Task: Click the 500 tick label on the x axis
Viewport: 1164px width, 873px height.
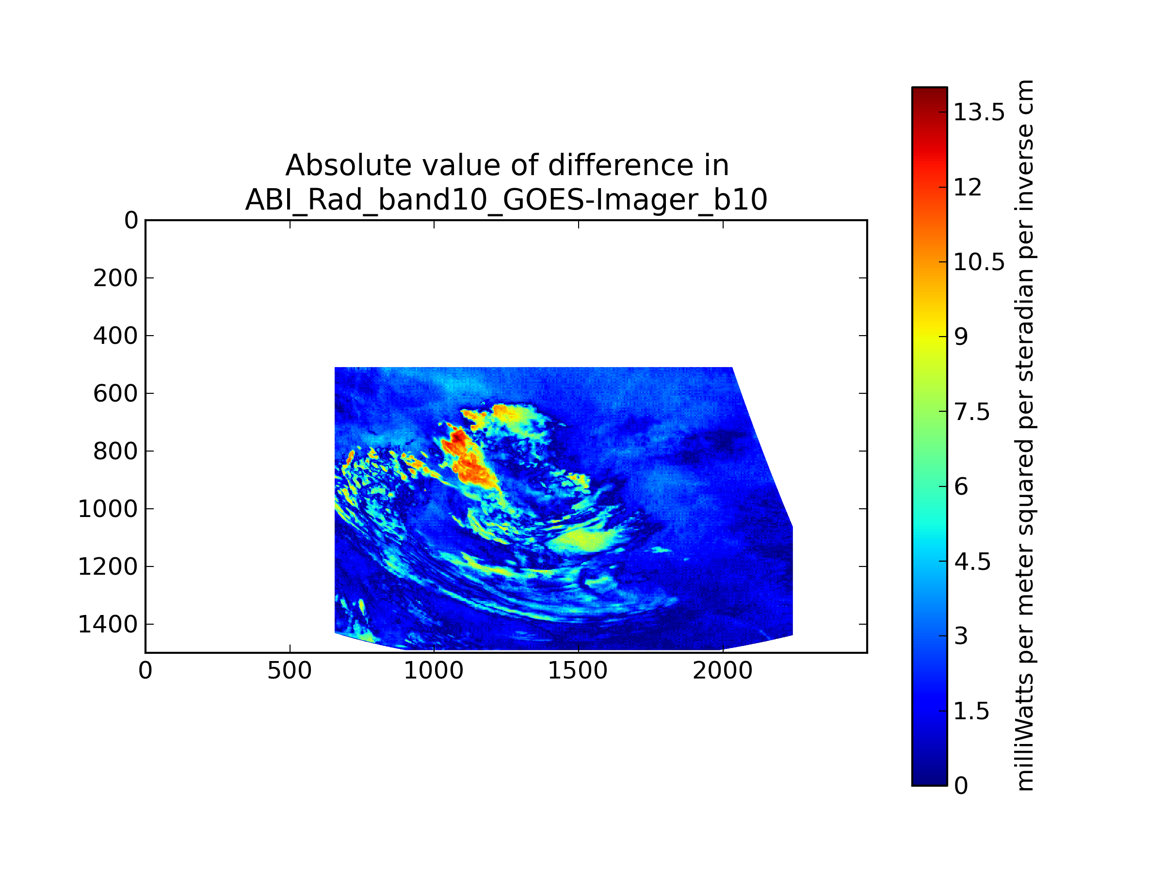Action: [x=290, y=671]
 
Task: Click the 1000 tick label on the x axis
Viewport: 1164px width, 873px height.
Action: [x=434, y=671]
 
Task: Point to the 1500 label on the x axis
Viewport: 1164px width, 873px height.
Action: [x=578, y=671]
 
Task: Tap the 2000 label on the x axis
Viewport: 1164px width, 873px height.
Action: [x=723, y=671]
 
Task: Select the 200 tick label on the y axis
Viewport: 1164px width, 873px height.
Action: [x=116, y=278]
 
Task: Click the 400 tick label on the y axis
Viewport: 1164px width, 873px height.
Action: [x=116, y=336]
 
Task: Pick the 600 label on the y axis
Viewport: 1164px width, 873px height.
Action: [x=116, y=394]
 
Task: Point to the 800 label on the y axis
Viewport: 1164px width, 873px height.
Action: [x=116, y=452]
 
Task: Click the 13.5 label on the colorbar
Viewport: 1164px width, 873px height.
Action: [x=979, y=112]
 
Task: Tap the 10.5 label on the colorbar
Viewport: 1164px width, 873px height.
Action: [x=979, y=262]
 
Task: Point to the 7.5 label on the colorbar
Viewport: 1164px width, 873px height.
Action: [x=972, y=412]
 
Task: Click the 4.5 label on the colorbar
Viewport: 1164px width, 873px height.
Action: [x=972, y=562]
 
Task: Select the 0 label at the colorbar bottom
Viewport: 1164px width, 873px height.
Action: [x=961, y=786]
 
